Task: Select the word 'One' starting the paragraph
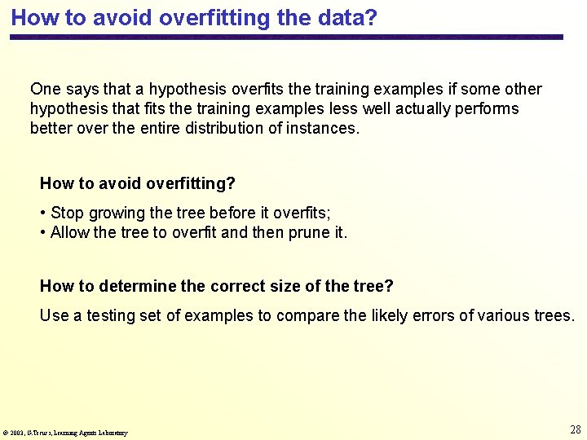pos(45,90)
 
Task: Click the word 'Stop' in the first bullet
pos(67,213)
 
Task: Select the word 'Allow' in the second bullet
pos(70,233)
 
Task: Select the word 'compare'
pos(302,316)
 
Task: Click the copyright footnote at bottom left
pos(65,433)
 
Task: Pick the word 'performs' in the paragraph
pos(488,109)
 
